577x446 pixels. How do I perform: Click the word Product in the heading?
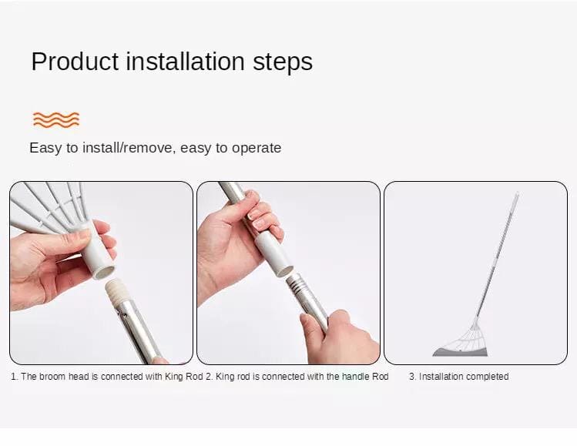[x=74, y=62]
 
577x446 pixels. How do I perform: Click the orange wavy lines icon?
[x=55, y=119]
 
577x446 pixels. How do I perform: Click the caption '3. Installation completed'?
[x=458, y=377]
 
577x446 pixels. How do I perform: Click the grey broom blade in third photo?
[x=460, y=352]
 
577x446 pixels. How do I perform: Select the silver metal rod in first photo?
[x=134, y=331]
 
